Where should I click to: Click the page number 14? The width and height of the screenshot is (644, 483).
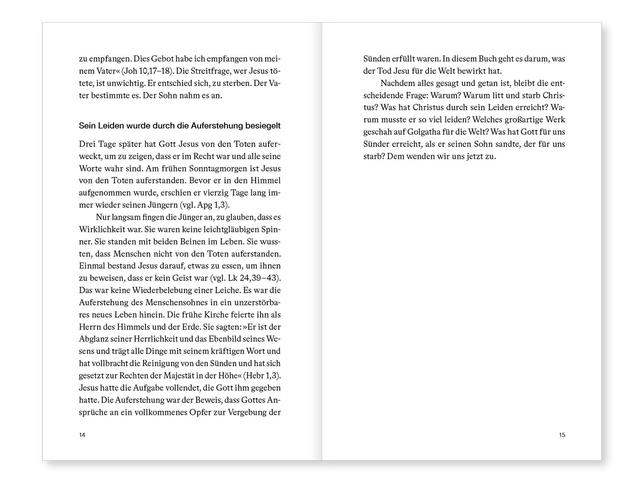coord(82,435)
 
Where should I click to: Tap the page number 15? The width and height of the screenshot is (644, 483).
coord(562,435)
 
